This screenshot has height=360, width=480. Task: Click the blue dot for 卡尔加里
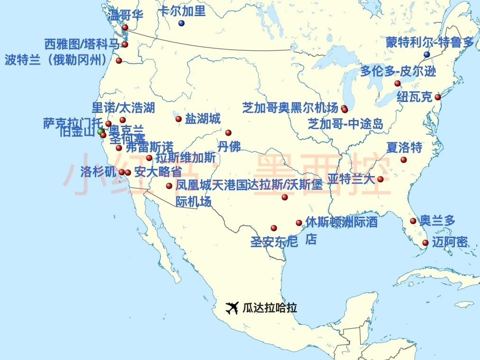tap(181, 23)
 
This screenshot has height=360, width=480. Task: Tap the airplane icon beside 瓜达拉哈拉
tap(232, 308)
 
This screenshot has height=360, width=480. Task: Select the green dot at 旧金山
tap(100, 131)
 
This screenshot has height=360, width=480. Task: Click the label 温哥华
tap(126, 15)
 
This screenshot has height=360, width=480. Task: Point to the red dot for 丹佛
tap(228, 133)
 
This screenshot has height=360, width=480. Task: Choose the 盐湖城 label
tap(203, 119)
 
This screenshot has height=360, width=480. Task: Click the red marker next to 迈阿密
tap(426, 243)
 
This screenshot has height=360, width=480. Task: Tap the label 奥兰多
tap(437, 221)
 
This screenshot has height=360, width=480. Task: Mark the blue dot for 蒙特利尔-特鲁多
tap(427, 55)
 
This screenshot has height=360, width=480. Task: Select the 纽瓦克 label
tap(415, 97)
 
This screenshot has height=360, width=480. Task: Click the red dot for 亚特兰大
tap(380, 179)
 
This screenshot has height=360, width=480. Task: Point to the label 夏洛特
tap(404, 148)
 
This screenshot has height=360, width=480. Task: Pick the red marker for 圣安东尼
tap(274, 228)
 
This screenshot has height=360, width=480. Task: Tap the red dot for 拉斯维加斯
tap(149, 158)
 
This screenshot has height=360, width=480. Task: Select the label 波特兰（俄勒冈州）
tap(56, 60)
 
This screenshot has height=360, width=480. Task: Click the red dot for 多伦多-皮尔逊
tap(398, 83)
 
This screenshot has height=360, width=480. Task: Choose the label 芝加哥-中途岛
tap(345, 124)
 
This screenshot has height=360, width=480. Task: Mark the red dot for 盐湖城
tap(179, 119)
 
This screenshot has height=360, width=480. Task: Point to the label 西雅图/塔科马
tap(82, 45)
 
